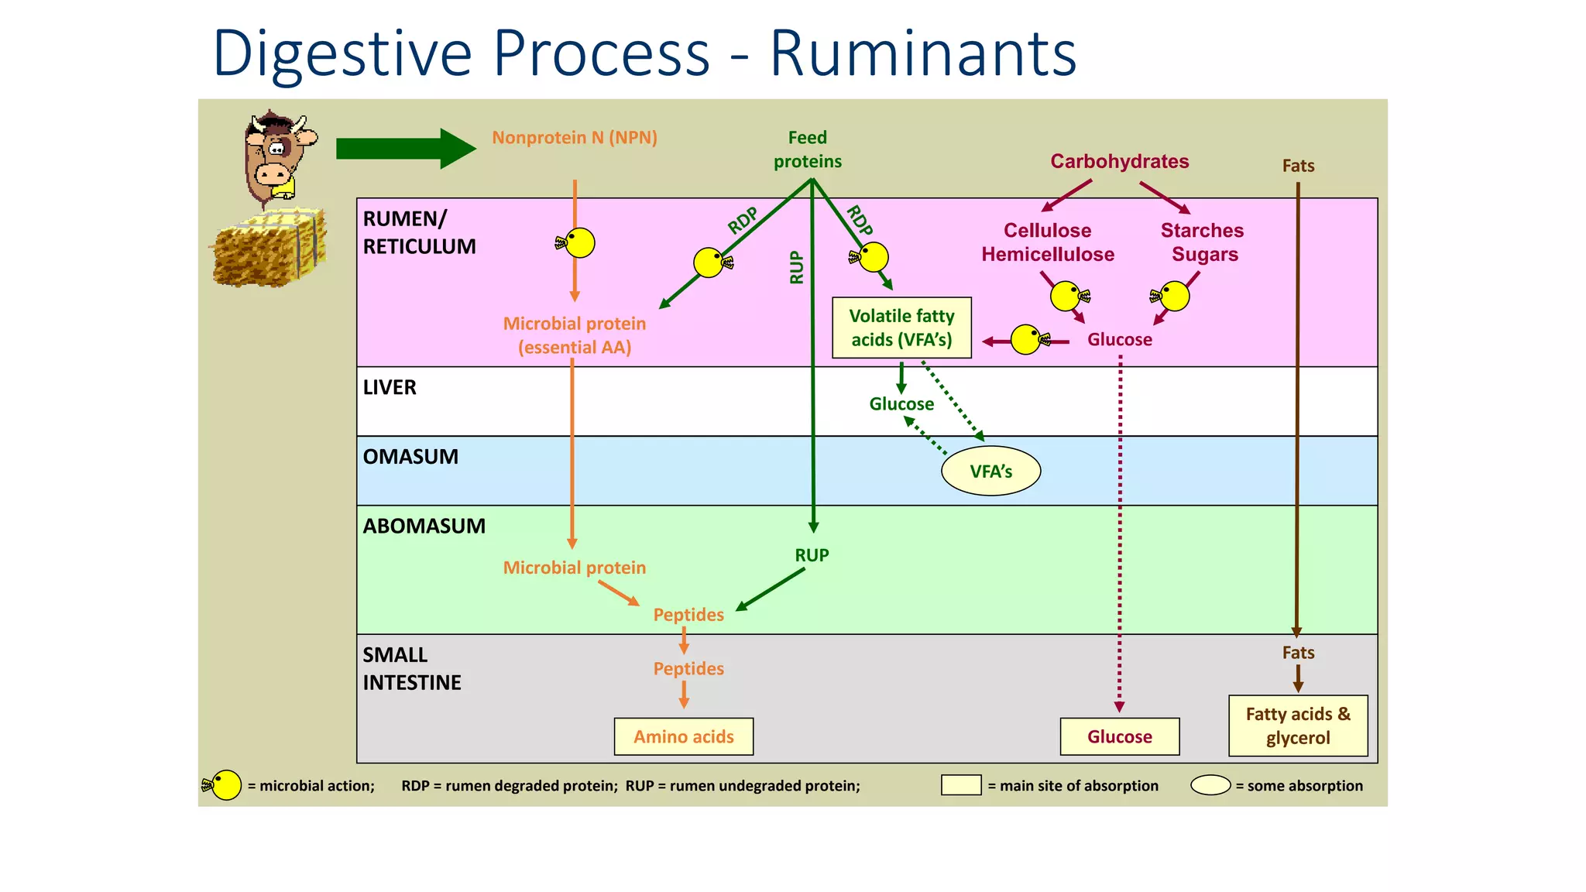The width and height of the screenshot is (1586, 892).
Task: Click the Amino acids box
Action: [683, 736]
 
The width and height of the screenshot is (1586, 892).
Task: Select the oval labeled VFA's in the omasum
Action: [990, 471]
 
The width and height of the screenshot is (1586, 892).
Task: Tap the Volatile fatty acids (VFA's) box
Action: [901, 328]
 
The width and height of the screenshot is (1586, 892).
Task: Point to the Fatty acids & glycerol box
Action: [1297, 726]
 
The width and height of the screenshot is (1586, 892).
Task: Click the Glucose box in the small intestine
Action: [1119, 736]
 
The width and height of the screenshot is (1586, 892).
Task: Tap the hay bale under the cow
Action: [269, 248]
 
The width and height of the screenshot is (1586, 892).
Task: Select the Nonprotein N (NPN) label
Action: [574, 138]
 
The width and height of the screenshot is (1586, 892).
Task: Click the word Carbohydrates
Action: [1119, 161]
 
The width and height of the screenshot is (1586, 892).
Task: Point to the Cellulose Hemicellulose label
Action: [1047, 242]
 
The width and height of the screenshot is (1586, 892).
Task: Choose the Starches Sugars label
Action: [1202, 242]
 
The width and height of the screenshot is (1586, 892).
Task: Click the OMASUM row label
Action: [410, 457]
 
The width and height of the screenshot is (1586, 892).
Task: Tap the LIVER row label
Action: [390, 387]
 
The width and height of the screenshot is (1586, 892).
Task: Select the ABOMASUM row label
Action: [424, 526]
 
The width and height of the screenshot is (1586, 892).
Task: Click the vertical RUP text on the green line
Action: [796, 267]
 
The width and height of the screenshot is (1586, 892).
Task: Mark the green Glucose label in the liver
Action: [901, 404]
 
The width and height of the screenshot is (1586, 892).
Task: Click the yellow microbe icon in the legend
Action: [224, 785]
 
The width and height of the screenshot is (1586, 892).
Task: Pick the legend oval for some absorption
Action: [1210, 785]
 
